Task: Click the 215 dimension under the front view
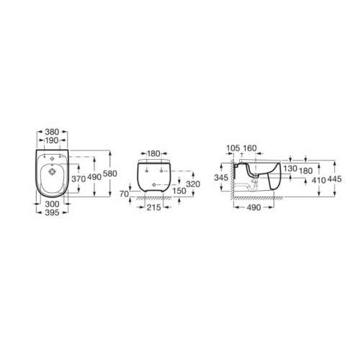[152, 207]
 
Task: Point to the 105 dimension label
[231, 149]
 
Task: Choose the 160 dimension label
[249, 149]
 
